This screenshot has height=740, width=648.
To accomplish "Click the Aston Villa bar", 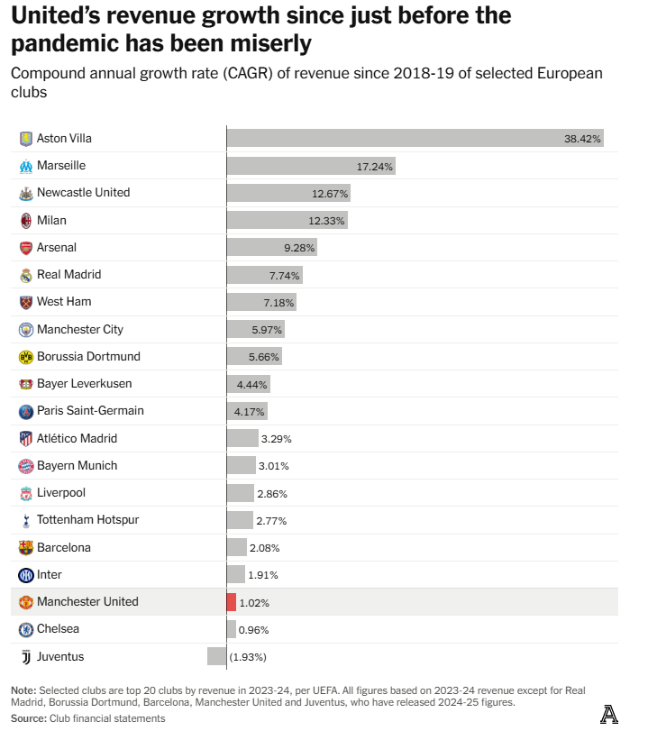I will tap(415, 138).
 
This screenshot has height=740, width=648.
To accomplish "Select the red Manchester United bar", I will tap(232, 602).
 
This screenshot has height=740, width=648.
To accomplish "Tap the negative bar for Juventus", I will tap(216, 656).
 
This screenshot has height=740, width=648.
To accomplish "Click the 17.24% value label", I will tap(375, 166).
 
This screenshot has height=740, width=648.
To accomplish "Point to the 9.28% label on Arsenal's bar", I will tap(298, 247).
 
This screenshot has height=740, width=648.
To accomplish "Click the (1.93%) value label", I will tap(248, 657).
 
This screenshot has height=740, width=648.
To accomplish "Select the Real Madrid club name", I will tap(68, 275).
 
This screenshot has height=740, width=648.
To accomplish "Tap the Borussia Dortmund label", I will tap(88, 357).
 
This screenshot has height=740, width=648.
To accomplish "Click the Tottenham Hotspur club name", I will tap(87, 520).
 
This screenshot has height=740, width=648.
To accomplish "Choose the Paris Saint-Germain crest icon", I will tap(26, 411).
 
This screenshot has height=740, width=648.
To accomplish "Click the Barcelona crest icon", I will tap(26, 547).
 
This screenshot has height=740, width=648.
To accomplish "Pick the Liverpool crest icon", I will tap(26, 493).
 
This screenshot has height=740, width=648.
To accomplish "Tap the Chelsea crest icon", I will tap(26, 629).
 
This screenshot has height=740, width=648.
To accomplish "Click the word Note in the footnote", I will tap(23, 690).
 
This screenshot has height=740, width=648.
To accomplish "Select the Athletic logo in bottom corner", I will tap(609, 715).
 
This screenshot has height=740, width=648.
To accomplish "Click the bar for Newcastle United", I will tap(288, 193).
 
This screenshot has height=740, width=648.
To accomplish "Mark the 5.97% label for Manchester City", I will tap(268, 330).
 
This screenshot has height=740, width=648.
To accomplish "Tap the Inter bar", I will tap(235, 574).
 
